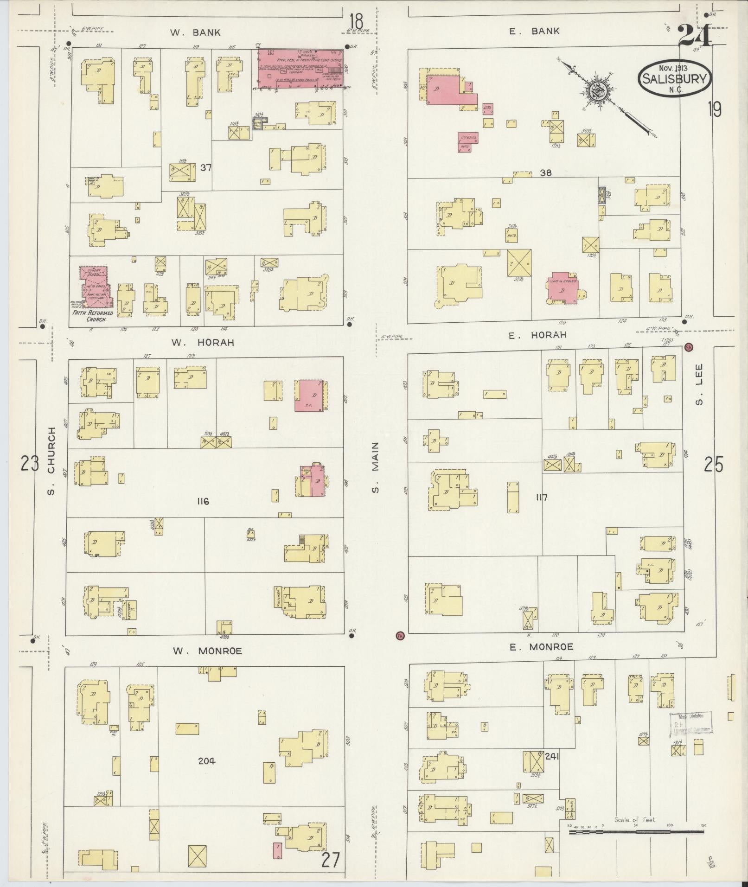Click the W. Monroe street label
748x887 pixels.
click(207, 651)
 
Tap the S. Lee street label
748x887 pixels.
click(699, 384)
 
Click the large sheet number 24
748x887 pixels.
click(694, 35)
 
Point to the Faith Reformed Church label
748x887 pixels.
click(92, 316)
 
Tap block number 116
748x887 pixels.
click(203, 501)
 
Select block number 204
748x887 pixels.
click(206, 760)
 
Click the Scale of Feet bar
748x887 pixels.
click(636, 832)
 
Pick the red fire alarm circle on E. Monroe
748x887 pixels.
click(400, 635)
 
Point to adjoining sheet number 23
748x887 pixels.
click(29, 463)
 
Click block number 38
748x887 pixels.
click(545, 172)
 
